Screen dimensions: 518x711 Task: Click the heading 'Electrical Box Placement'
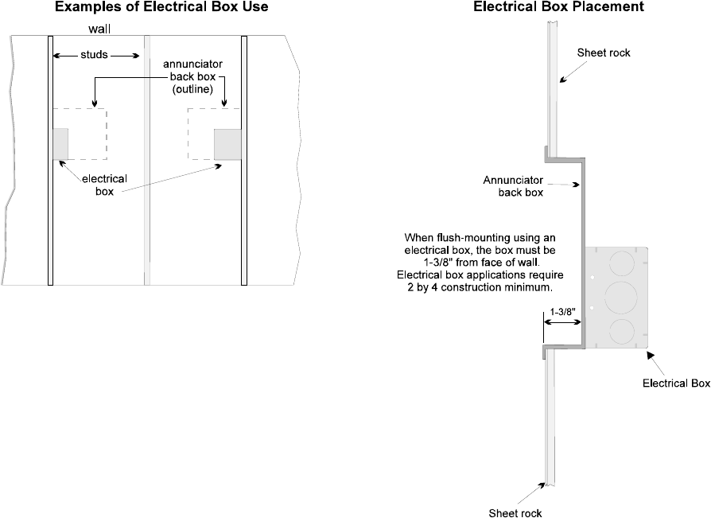coord(558,7)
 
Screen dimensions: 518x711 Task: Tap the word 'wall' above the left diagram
coord(99,28)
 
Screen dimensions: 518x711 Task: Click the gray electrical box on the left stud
coord(60,143)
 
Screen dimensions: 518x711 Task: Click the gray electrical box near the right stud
coord(227,144)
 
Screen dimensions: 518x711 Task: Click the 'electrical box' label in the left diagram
coord(105,185)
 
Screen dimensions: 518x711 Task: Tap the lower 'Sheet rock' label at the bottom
coord(515,512)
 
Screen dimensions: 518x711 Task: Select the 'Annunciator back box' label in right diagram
coord(513,185)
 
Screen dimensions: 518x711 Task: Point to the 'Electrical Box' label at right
coord(676,384)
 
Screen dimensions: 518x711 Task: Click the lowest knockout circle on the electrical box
coord(622,329)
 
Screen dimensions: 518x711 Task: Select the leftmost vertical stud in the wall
coord(50,159)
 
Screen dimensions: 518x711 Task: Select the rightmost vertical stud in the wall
coord(244,159)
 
